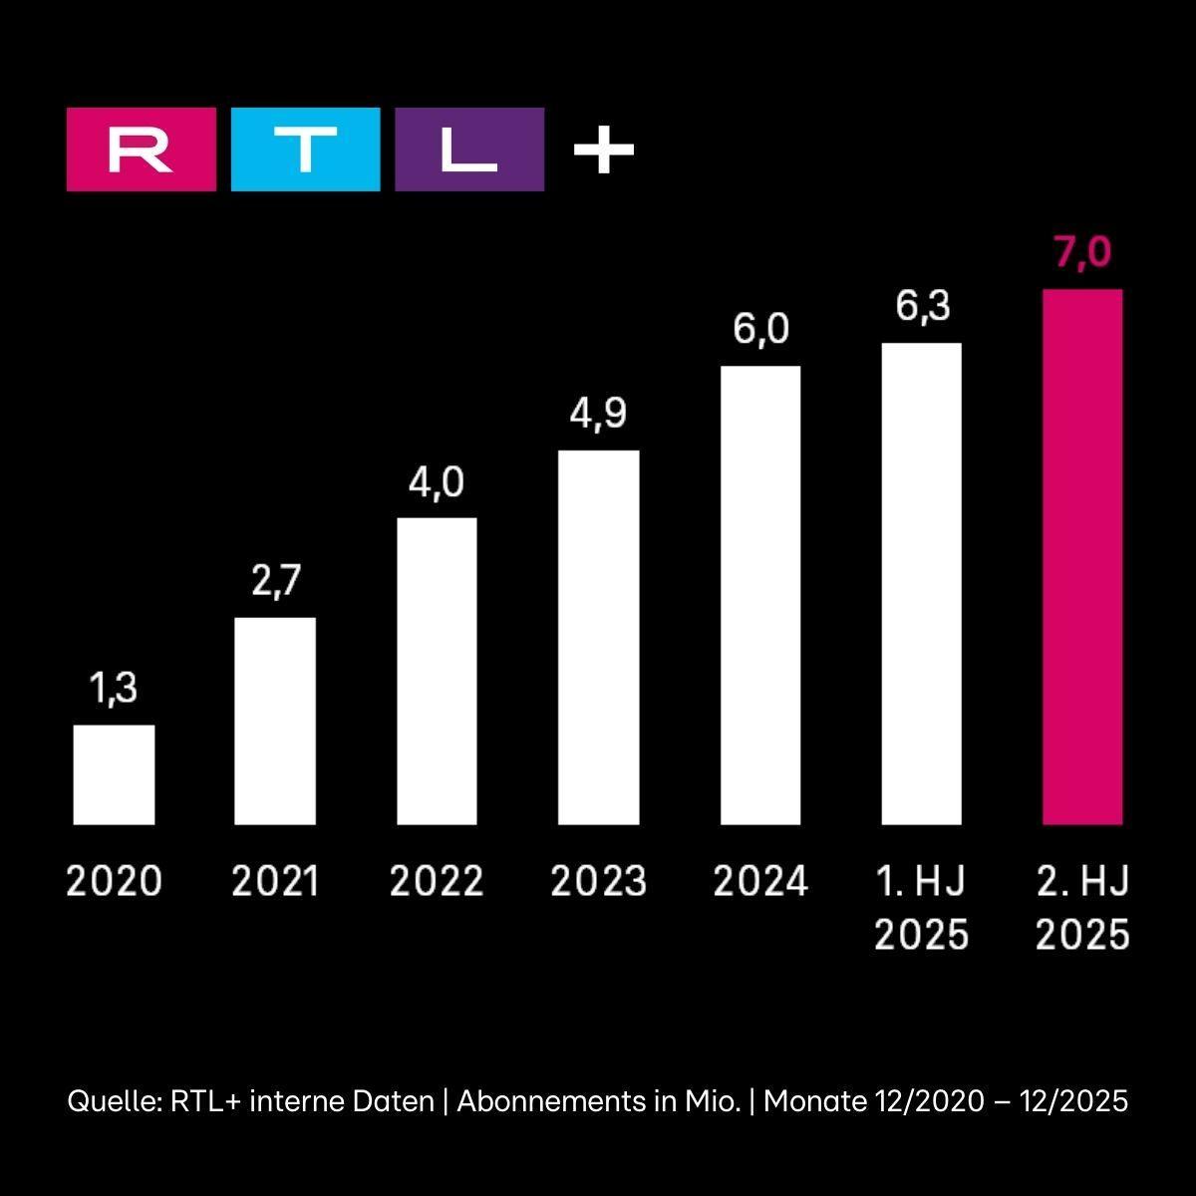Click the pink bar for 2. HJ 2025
click(x=1081, y=557)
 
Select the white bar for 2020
click(x=114, y=774)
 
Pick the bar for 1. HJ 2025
click(x=921, y=584)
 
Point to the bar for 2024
click(x=759, y=595)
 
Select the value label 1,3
click(x=114, y=689)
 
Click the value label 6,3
click(x=922, y=307)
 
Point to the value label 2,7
click(x=275, y=581)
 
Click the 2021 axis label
click(x=275, y=882)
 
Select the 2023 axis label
click(x=598, y=882)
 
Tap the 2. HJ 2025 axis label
click(x=1082, y=908)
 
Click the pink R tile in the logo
click(x=141, y=149)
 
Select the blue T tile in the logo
click(x=305, y=149)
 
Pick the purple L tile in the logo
click(x=469, y=149)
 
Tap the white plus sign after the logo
click(x=604, y=150)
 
